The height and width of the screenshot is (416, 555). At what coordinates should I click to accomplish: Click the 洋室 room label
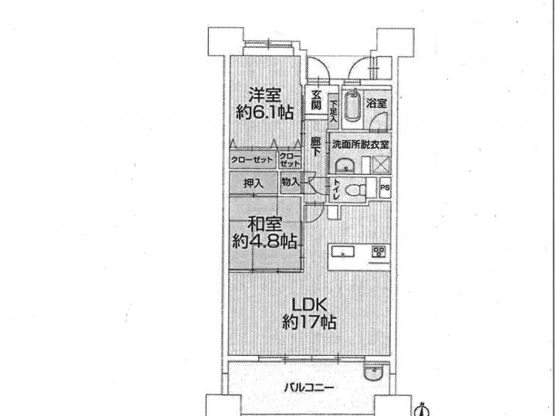(264, 95)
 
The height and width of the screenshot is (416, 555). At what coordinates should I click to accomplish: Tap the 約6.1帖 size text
(264, 112)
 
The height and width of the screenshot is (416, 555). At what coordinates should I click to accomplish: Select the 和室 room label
(264, 224)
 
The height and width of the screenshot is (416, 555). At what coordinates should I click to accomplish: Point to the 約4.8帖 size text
(264, 242)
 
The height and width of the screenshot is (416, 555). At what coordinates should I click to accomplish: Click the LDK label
(308, 305)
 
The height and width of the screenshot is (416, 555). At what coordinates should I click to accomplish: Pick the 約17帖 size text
(309, 322)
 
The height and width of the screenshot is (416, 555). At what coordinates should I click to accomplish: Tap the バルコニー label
(309, 388)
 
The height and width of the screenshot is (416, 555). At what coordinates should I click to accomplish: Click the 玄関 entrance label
(317, 99)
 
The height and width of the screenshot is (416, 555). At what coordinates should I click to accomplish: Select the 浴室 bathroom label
(376, 104)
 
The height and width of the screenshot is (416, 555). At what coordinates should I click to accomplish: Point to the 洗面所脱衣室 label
(360, 144)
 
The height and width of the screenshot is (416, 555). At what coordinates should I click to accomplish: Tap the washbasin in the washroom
(345, 165)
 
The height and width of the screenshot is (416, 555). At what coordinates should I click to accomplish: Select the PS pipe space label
(385, 187)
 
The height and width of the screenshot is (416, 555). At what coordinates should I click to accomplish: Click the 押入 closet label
(254, 183)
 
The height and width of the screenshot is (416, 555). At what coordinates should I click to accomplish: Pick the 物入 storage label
(291, 182)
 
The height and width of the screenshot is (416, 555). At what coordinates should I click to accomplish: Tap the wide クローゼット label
(252, 160)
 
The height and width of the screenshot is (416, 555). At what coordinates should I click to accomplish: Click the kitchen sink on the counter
(342, 252)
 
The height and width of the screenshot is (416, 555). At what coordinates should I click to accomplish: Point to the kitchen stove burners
(378, 251)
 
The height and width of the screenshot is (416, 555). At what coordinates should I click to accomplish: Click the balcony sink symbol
(373, 373)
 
